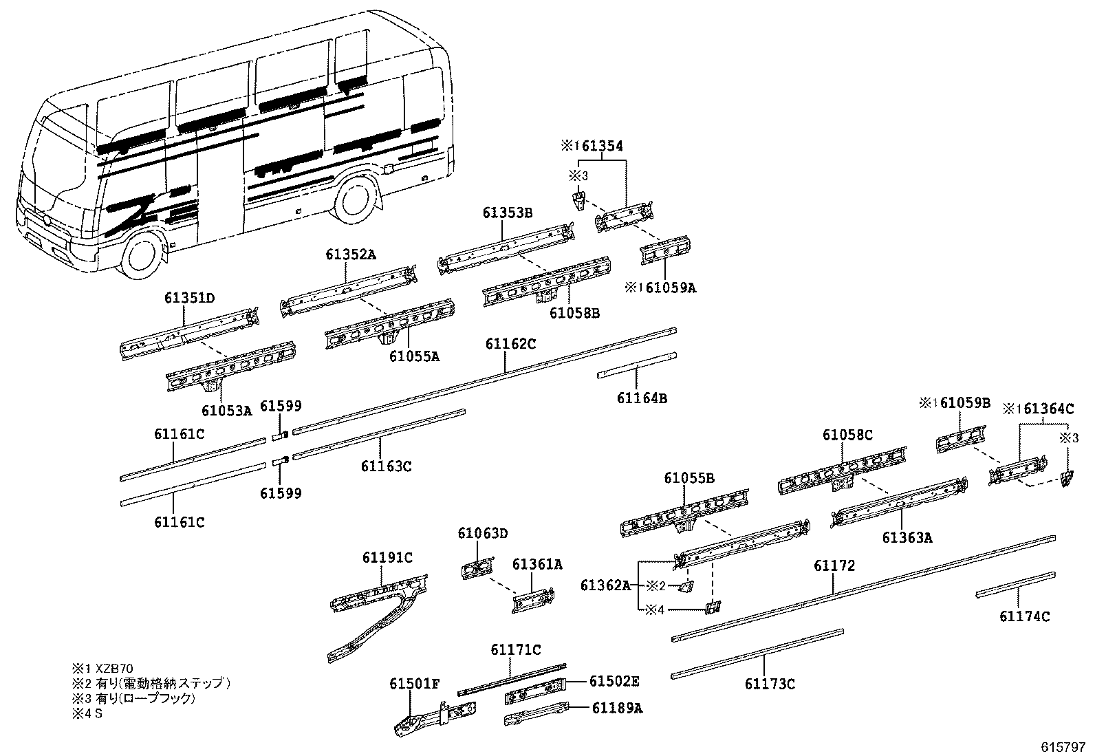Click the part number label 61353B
pyautogui.click(x=508, y=213)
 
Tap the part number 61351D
pyautogui.click(x=189, y=299)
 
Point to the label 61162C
pyautogui.click(x=510, y=344)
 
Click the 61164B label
pyautogui.click(x=641, y=398)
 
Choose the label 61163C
pyautogui.click(x=386, y=466)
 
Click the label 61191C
pyautogui.click(x=388, y=557)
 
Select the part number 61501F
pyautogui.click(x=414, y=683)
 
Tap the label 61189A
pyautogui.click(x=616, y=708)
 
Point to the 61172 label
pyautogui.click(x=834, y=566)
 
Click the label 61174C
pyautogui.click(x=1025, y=616)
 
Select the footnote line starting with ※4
pyautogui.click(x=86, y=713)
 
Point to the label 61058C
pyautogui.click(x=847, y=435)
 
